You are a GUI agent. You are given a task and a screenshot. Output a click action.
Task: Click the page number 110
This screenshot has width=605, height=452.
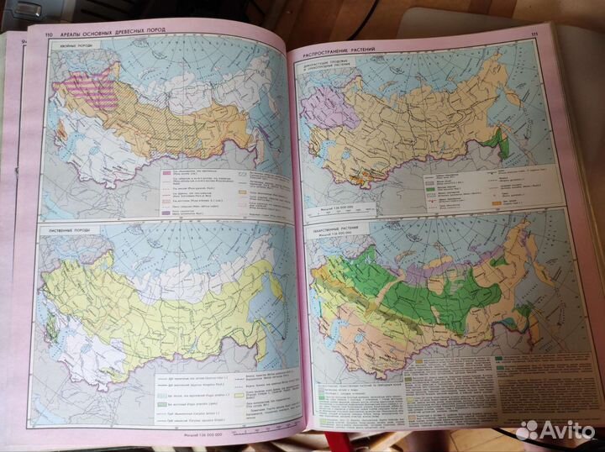click(x=37, y=33)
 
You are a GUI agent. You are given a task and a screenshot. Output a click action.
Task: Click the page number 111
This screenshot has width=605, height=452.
click(x=534, y=34)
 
